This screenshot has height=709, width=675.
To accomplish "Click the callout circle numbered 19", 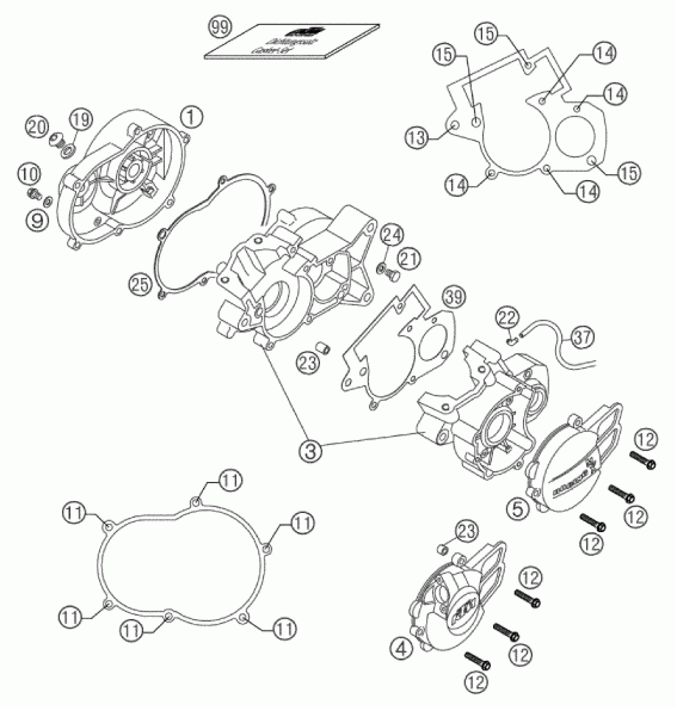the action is coord(81,120).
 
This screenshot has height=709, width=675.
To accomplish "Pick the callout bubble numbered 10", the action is coord(29,175).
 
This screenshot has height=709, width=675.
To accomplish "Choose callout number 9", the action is coord(37,219).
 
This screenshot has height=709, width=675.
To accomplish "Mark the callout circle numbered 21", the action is coord(409,259).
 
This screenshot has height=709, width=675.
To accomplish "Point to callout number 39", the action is coord(454,297).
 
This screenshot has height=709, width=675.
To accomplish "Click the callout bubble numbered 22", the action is coord(508,318).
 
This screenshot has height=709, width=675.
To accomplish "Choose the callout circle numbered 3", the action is coord(310,451).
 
